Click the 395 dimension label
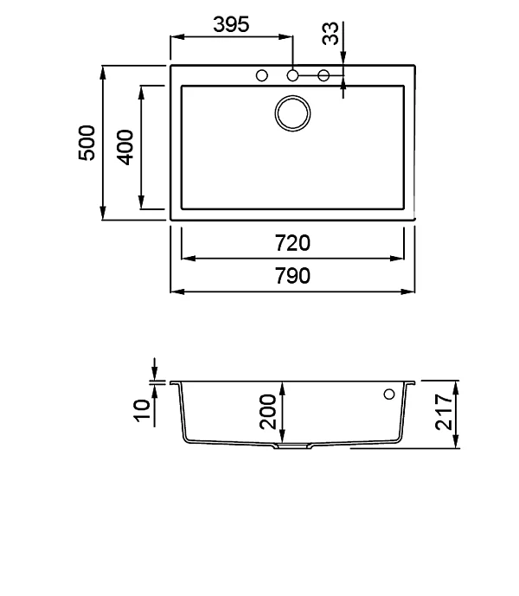tap(231, 24)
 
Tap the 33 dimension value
tap(330, 34)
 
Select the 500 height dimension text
tap(86, 143)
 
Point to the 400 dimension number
tap(125, 147)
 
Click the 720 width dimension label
tap(292, 243)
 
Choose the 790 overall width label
tap(292, 276)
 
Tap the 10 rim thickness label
tap(142, 410)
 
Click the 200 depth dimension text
tap(267, 412)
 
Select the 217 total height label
tap(444, 412)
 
